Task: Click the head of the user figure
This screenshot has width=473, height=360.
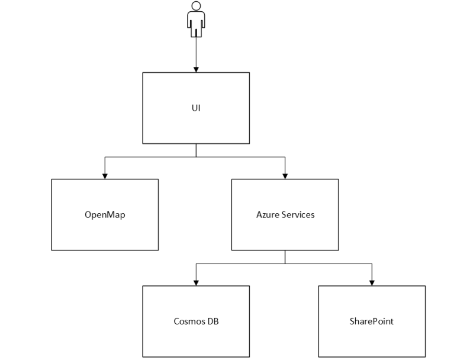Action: point(196,6)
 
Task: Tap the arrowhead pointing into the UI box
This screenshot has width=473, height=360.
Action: point(196,70)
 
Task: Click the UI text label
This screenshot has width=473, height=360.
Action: point(196,108)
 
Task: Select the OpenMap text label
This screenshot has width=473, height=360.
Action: point(105,215)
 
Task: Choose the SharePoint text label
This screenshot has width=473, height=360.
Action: point(372,321)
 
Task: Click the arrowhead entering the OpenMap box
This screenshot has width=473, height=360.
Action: point(105,176)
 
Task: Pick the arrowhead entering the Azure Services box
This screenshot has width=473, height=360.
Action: point(285,176)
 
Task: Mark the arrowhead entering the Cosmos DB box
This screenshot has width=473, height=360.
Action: point(196,283)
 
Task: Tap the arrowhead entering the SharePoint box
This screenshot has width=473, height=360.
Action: point(372,283)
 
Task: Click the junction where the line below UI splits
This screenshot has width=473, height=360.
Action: point(196,157)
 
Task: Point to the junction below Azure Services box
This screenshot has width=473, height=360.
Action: point(285,263)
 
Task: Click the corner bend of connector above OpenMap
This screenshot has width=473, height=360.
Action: point(105,157)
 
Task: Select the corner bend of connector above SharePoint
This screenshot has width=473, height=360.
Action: point(372,263)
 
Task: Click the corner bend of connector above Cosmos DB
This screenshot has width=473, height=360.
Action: point(196,263)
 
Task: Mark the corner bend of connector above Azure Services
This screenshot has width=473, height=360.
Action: point(285,157)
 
